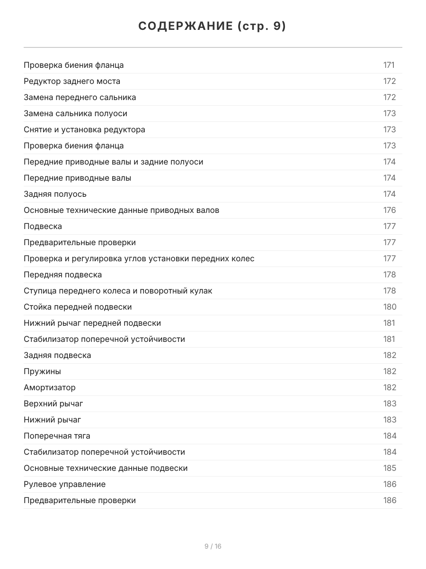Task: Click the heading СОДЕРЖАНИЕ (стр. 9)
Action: tap(213, 27)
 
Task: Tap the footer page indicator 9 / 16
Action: tap(213, 546)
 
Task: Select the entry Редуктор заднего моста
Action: tap(72, 81)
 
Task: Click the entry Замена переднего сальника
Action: tap(80, 97)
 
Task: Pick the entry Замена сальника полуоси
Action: tap(75, 113)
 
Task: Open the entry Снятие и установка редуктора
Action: tap(84, 129)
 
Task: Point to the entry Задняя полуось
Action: tap(55, 194)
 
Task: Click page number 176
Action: tap(389, 210)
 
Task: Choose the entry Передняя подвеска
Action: tap(62, 275)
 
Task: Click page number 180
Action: tap(390, 307)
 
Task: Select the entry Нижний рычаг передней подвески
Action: tap(92, 323)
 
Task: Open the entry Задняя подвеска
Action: tap(57, 355)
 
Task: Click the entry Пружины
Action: tap(42, 371)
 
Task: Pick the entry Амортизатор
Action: tap(50, 387)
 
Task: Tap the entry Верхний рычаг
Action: tap(53, 404)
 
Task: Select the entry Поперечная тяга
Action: tap(57, 436)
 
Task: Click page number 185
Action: tap(390, 468)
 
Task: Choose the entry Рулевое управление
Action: tap(64, 484)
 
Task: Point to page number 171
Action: tap(389, 65)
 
